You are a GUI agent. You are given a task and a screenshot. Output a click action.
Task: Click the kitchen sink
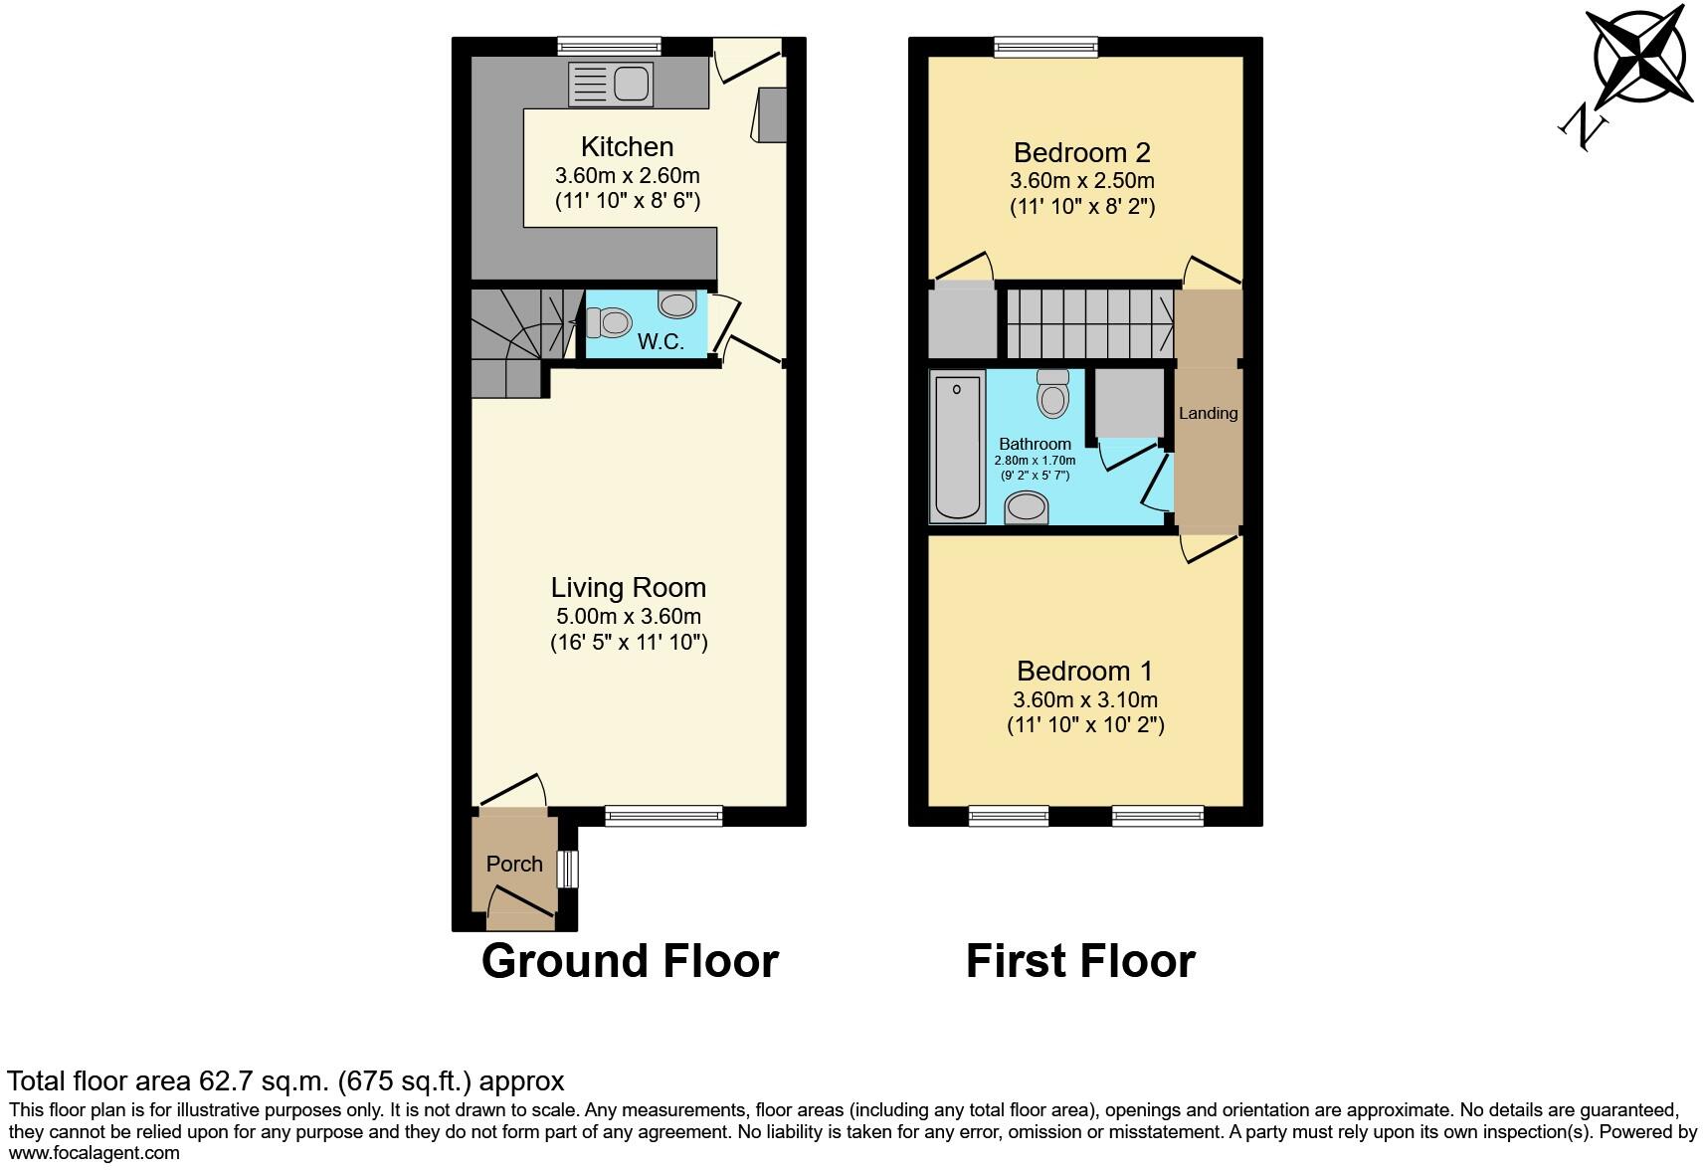(609, 84)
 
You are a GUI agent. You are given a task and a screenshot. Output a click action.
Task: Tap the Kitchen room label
(627, 147)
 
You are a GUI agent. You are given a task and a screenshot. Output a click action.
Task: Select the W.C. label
(661, 342)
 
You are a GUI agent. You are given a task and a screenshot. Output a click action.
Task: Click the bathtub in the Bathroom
(958, 446)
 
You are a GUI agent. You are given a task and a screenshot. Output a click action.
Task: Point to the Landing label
(1208, 413)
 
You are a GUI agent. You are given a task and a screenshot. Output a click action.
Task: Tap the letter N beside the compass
(1583, 127)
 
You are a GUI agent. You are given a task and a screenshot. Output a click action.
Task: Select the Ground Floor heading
(630, 961)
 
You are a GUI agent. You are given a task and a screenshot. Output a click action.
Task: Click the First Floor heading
(1080, 961)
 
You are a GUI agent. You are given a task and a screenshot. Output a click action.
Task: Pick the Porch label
(514, 864)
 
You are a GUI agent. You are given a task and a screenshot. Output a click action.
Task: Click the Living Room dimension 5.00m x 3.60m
(628, 617)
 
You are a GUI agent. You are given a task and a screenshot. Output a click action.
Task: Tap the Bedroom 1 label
(1084, 671)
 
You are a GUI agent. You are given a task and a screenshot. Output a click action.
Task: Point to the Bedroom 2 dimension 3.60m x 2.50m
(1082, 181)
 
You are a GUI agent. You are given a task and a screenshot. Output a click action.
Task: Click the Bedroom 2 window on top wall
(1046, 46)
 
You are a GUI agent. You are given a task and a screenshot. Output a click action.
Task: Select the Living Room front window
(663, 816)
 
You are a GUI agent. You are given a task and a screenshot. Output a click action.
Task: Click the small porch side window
(567, 869)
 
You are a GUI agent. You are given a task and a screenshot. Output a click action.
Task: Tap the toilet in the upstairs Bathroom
(1052, 395)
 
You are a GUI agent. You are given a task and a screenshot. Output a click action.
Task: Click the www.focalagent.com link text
(95, 1153)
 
